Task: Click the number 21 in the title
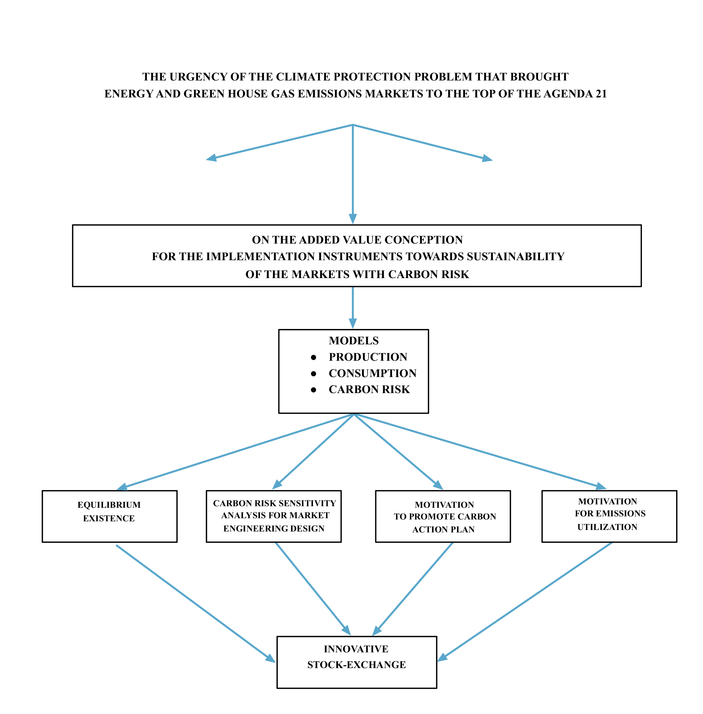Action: pos(601,94)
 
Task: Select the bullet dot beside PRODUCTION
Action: pos(314,357)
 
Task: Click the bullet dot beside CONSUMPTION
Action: pos(314,374)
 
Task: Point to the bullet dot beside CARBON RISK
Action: pos(314,390)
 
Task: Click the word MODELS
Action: pos(354,340)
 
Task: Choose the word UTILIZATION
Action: pos(607,527)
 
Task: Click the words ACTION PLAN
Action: pos(443,529)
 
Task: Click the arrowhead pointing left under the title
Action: pos(212,158)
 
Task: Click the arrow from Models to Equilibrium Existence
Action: pos(236,451)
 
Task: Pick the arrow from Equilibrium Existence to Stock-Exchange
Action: pos(196,603)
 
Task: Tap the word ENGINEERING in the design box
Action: pos(251,529)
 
